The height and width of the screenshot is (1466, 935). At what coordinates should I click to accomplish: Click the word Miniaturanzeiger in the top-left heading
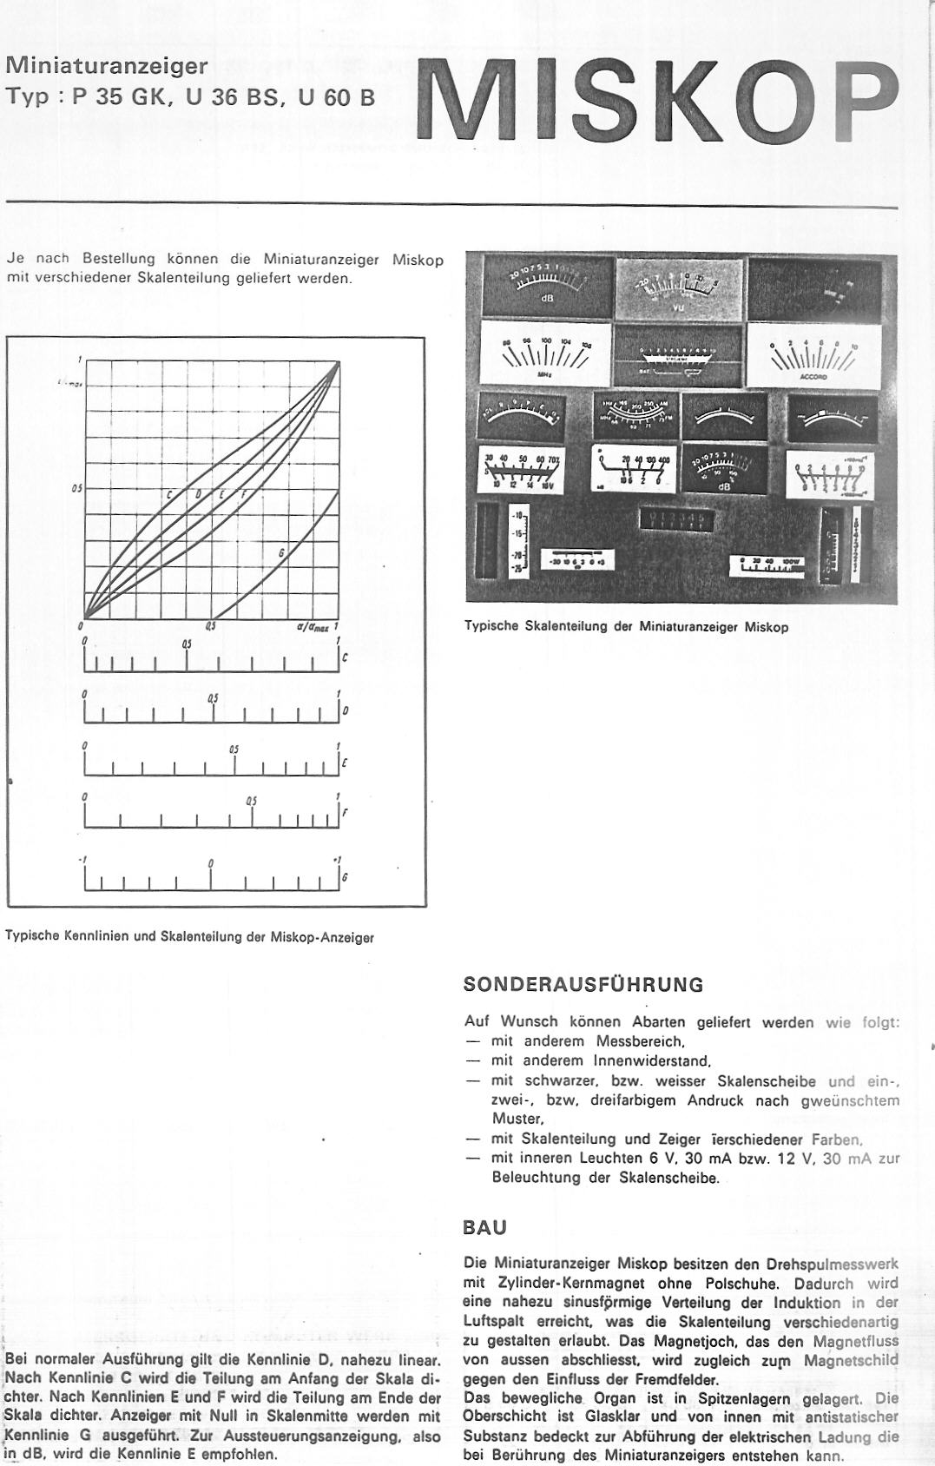[107, 65]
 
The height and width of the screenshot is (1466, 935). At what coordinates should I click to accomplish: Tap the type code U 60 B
[336, 97]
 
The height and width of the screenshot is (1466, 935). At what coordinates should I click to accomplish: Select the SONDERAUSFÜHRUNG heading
[583, 985]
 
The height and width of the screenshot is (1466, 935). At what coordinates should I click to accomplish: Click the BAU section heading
[485, 1228]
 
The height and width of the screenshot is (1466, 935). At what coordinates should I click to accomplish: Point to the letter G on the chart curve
[280, 553]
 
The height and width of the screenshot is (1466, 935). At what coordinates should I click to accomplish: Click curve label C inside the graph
[171, 496]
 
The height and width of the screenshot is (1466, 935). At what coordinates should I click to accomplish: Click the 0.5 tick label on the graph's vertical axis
[76, 488]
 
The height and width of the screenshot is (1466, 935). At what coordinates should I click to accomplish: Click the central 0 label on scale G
[211, 863]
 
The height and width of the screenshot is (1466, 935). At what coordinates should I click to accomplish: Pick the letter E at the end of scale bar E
[345, 764]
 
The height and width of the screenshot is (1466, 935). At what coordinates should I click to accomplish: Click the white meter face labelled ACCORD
[813, 355]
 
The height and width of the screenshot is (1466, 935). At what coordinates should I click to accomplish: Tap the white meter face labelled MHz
[545, 356]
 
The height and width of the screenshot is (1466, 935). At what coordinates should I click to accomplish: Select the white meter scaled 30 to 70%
[521, 472]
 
